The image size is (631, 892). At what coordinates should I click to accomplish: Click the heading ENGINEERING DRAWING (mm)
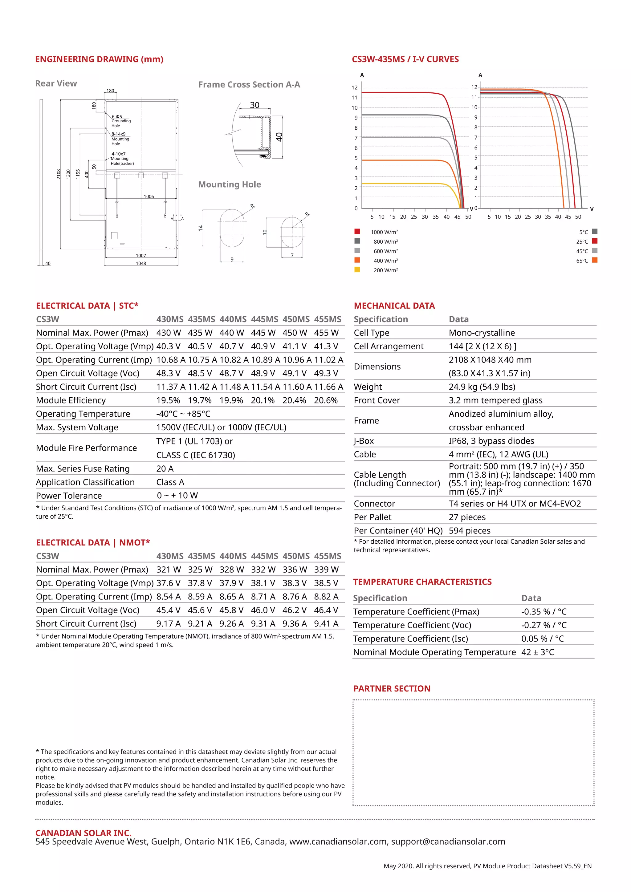click(99, 59)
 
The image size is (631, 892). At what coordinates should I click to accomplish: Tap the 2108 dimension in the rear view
click(59, 174)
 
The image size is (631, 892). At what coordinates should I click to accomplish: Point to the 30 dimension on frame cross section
click(254, 105)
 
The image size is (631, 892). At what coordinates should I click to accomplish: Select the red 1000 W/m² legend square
click(357, 232)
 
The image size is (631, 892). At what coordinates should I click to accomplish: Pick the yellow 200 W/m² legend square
click(357, 270)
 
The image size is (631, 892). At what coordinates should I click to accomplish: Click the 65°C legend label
click(582, 261)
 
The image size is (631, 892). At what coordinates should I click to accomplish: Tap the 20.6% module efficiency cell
click(326, 400)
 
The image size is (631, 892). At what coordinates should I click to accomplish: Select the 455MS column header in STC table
click(328, 319)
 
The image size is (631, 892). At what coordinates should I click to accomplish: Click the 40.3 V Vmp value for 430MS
click(168, 346)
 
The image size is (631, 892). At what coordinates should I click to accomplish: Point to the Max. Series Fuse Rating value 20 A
click(165, 468)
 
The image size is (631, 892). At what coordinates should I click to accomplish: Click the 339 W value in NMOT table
click(326, 570)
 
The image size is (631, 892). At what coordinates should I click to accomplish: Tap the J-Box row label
click(364, 441)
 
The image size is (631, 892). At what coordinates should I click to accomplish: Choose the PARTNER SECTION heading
click(392, 689)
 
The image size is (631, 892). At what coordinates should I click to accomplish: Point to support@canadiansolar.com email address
click(448, 842)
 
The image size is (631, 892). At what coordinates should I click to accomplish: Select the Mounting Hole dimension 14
click(201, 228)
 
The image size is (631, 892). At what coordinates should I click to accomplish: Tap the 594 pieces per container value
click(469, 531)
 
